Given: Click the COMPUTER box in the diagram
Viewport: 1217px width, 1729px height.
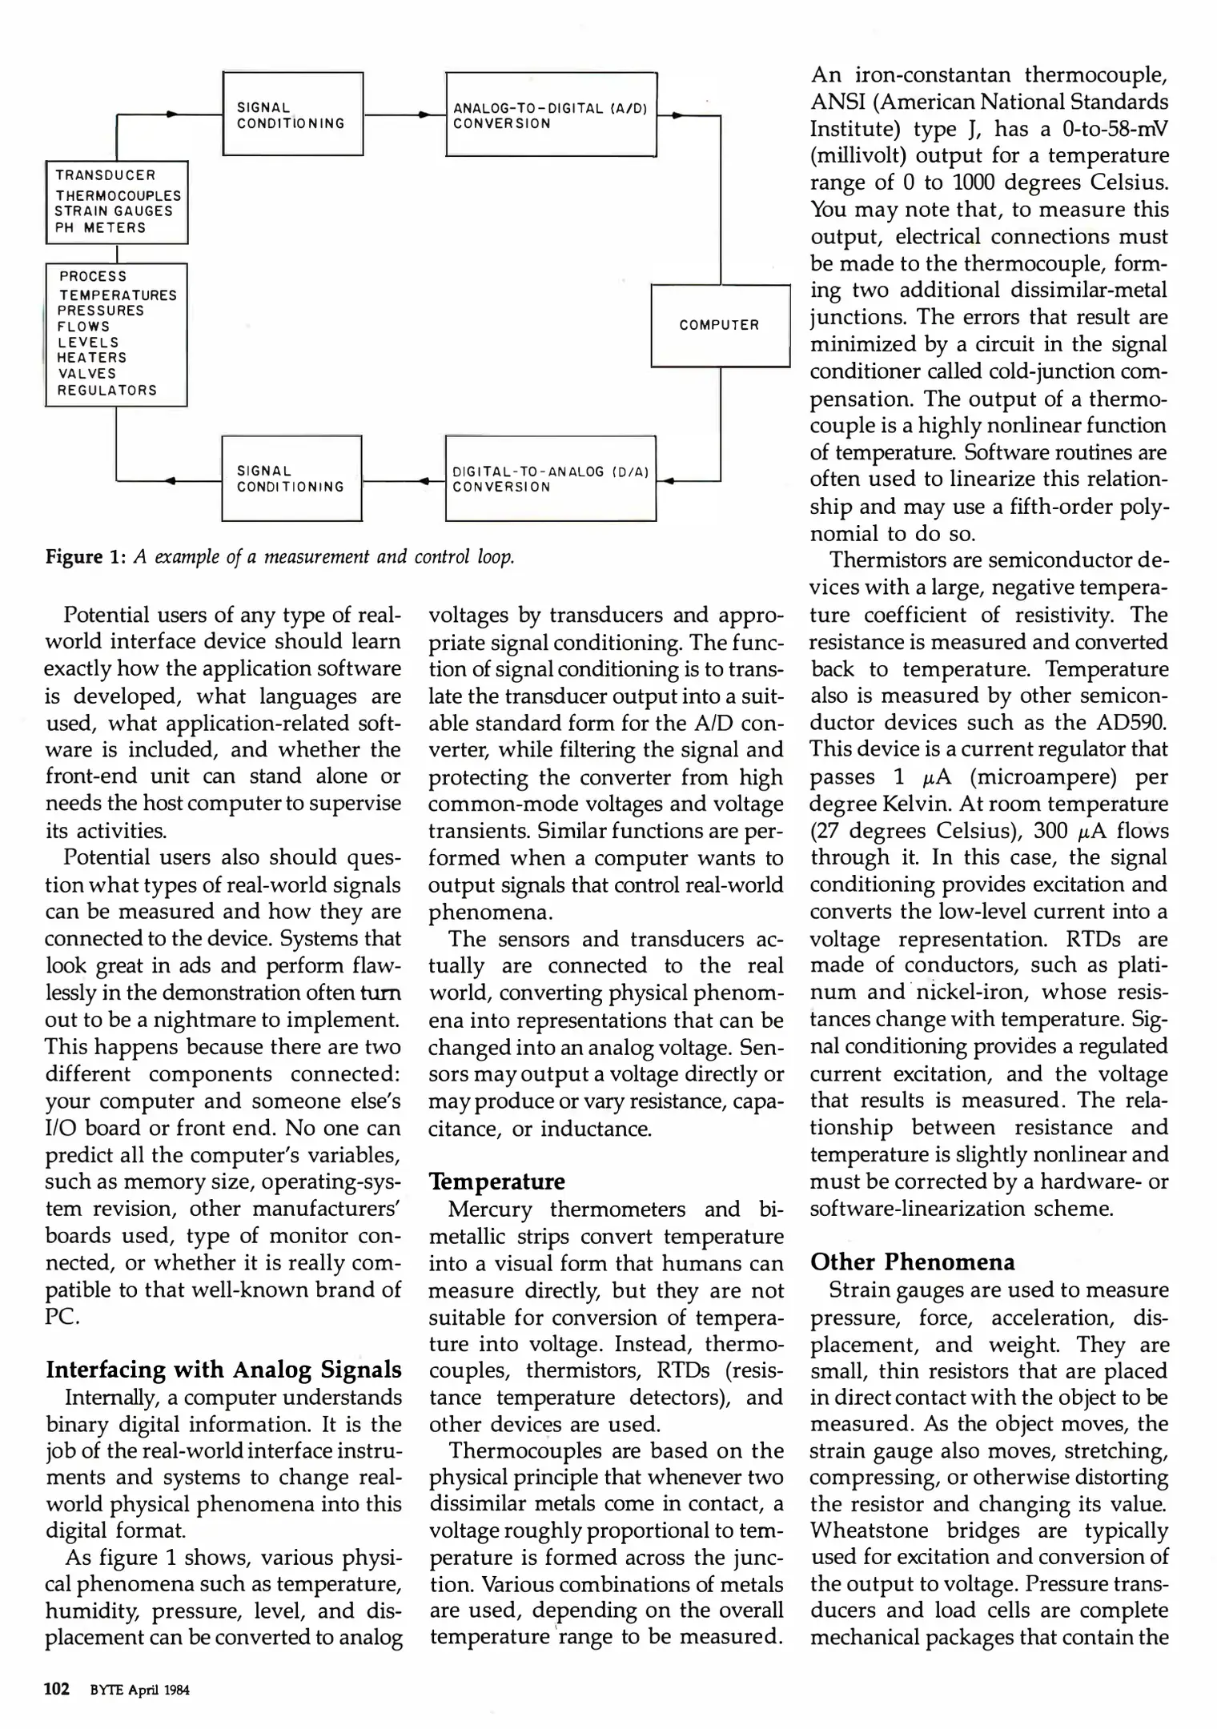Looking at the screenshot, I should pyautogui.click(x=720, y=325).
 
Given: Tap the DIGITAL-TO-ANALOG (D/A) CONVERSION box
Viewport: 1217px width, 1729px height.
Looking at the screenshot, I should pyautogui.click(x=550, y=479).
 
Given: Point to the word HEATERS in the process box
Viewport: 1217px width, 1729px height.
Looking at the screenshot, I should pyautogui.click(x=92, y=358).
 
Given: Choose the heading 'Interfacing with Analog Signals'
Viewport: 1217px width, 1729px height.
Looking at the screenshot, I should pyautogui.click(x=223, y=1370).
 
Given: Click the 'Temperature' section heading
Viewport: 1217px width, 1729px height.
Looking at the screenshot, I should pyautogui.click(x=496, y=1181).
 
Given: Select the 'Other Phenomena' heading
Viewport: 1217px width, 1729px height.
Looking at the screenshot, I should pyautogui.click(x=912, y=1262).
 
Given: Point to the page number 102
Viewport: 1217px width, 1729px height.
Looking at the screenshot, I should pyautogui.click(x=57, y=1690).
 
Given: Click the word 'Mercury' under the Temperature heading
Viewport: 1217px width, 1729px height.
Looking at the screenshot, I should pyautogui.click(x=490, y=1209).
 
